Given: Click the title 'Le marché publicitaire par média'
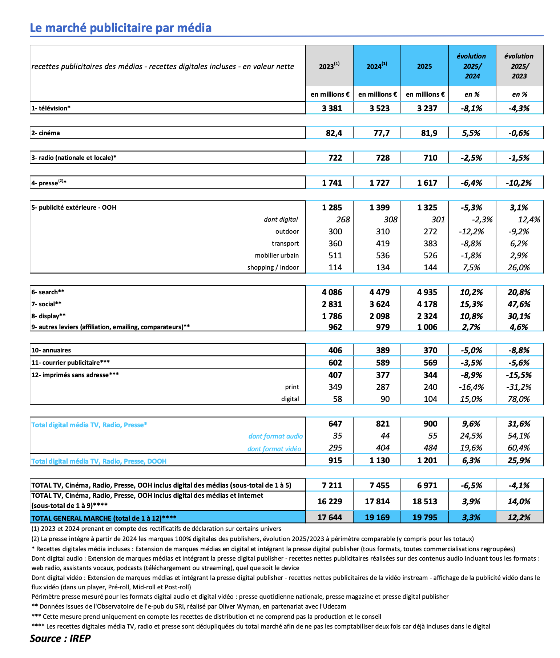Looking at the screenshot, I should point(121,28).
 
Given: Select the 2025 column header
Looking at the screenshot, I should point(424,66).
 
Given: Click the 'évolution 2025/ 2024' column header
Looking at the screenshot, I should point(472,66).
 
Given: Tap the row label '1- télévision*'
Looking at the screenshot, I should point(51,108).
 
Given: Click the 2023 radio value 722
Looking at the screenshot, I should point(335,158).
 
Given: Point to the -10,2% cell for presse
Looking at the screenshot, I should point(519,183).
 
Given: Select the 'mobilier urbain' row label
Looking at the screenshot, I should point(277,255).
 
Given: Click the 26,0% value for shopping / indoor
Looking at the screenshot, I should point(519,267).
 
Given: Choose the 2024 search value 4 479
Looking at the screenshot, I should point(379,292).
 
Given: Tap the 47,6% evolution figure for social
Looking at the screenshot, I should point(519,304).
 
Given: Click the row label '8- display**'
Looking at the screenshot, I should point(48,316).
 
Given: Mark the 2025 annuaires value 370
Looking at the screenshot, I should point(430,350).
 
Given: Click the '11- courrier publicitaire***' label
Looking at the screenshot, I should point(70,362).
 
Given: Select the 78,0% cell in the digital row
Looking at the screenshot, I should point(519,399).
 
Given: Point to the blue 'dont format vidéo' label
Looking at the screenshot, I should point(274,449).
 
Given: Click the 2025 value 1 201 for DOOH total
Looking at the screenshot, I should point(427,460).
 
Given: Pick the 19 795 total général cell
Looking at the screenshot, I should point(424,517).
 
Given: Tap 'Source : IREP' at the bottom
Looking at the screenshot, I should point(60,638).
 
